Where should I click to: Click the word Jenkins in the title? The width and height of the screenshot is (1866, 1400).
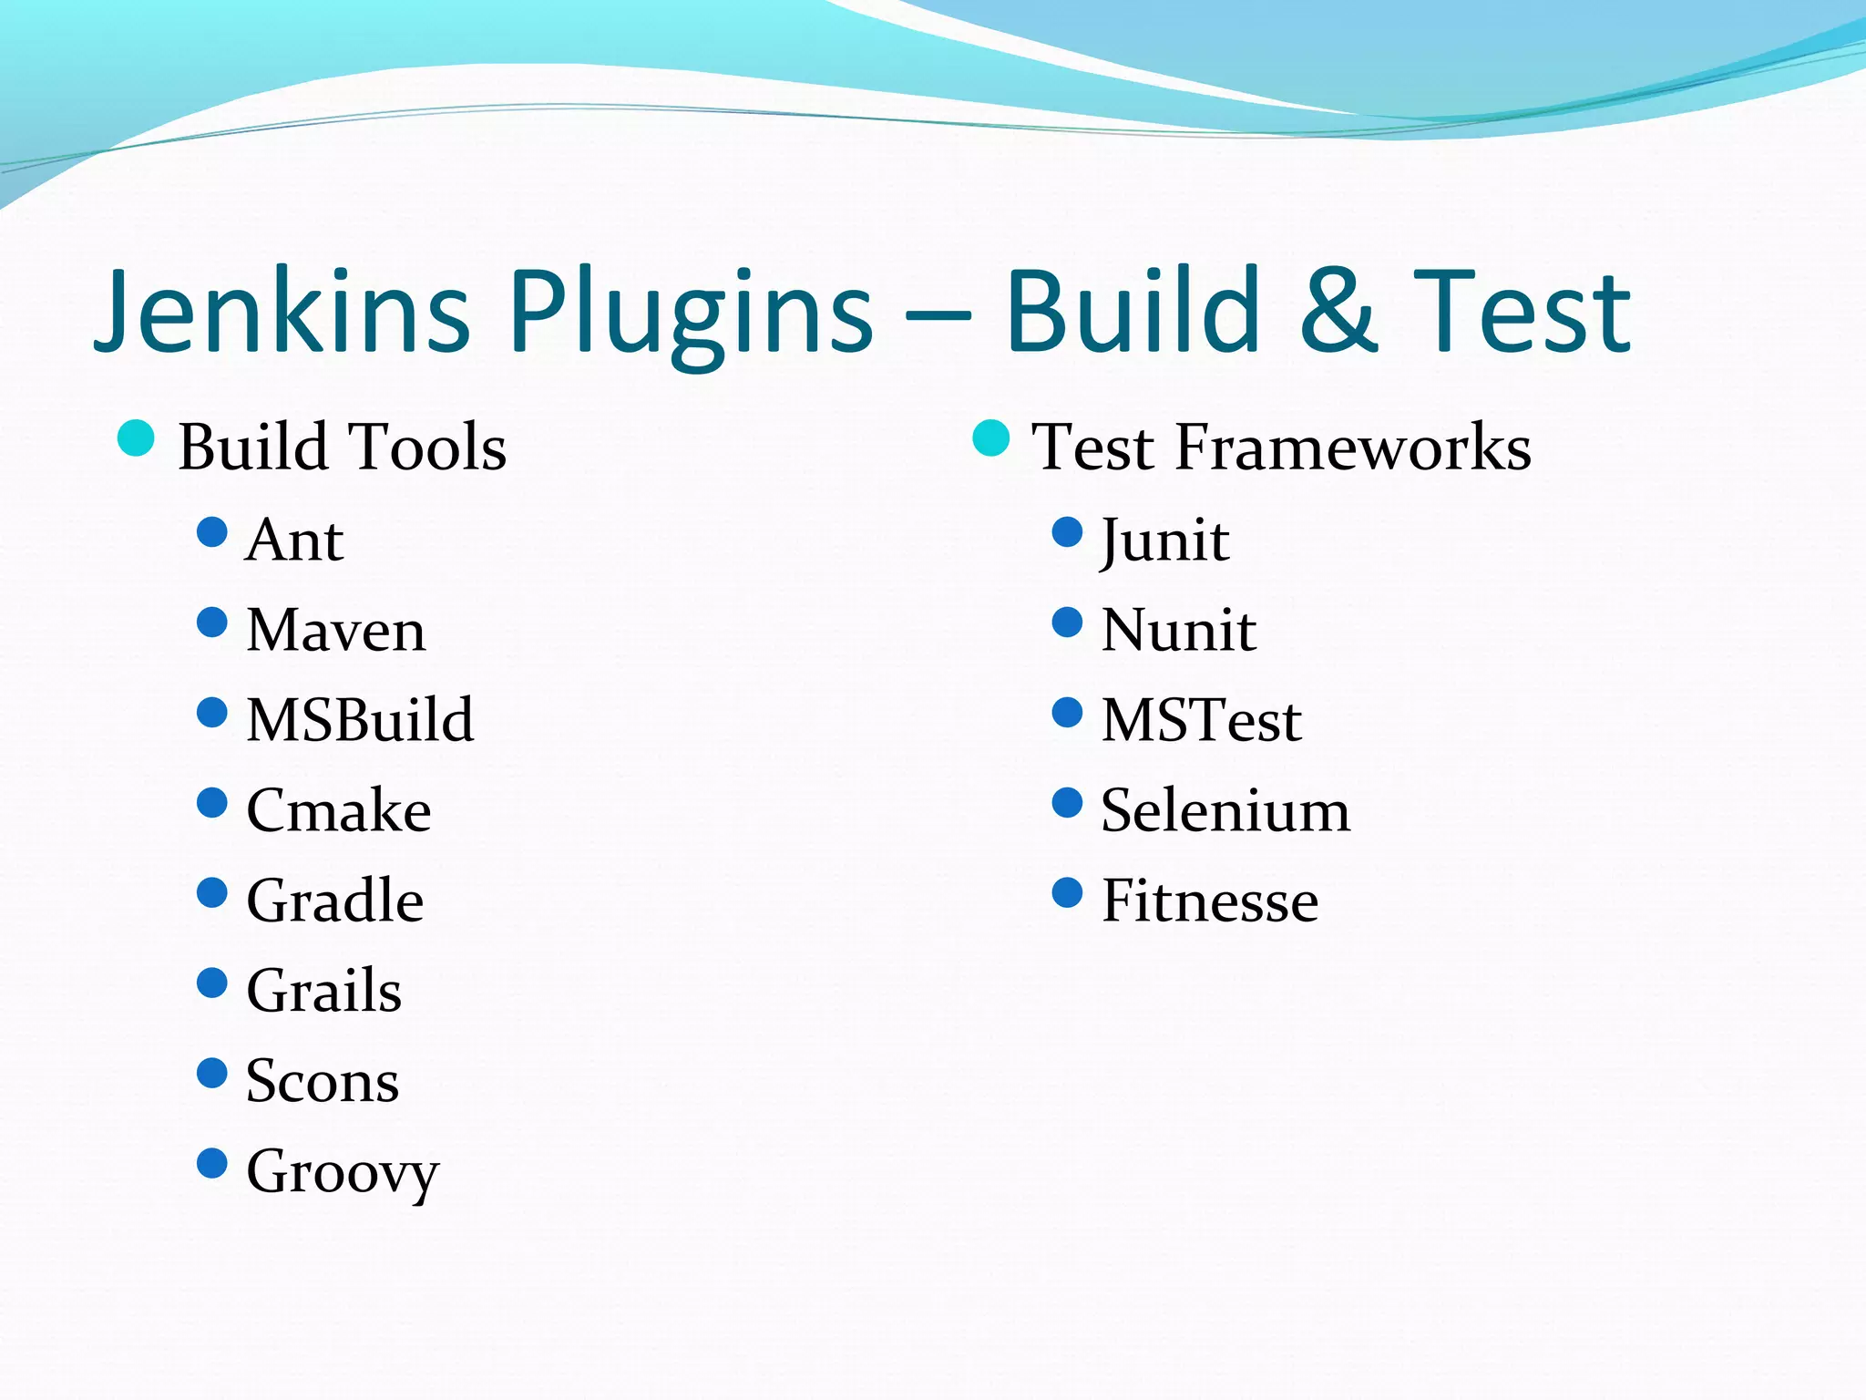[x=282, y=312]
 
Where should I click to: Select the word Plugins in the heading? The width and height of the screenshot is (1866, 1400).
[x=692, y=314]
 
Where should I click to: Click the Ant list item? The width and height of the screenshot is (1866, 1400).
[x=294, y=540]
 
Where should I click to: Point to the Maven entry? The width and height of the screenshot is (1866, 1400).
[x=336, y=630]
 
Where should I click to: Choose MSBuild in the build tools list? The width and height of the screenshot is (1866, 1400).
[x=361, y=720]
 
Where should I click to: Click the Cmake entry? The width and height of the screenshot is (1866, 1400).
[x=339, y=810]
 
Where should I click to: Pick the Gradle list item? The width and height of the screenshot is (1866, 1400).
[x=335, y=901]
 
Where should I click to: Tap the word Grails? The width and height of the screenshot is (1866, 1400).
[x=324, y=991]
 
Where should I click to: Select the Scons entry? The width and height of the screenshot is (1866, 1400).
[x=323, y=1081]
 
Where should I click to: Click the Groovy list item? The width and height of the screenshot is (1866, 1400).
[x=343, y=1172]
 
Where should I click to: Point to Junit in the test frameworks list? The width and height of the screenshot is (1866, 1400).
[x=1165, y=540]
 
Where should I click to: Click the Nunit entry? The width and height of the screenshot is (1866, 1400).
[x=1179, y=630]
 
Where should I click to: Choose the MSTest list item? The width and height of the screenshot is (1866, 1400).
[x=1202, y=720]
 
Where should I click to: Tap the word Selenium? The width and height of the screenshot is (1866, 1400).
[x=1225, y=810]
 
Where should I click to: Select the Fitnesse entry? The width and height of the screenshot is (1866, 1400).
[x=1210, y=901]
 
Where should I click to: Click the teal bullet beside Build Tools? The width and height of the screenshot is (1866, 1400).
[x=137, y=438]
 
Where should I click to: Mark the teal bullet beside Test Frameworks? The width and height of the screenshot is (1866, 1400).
[x=991, y=438]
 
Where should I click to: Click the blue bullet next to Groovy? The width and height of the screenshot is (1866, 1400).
[x=212, y=1163]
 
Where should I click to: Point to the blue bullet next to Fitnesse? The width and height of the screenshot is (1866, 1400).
[x=1067, y=893]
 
